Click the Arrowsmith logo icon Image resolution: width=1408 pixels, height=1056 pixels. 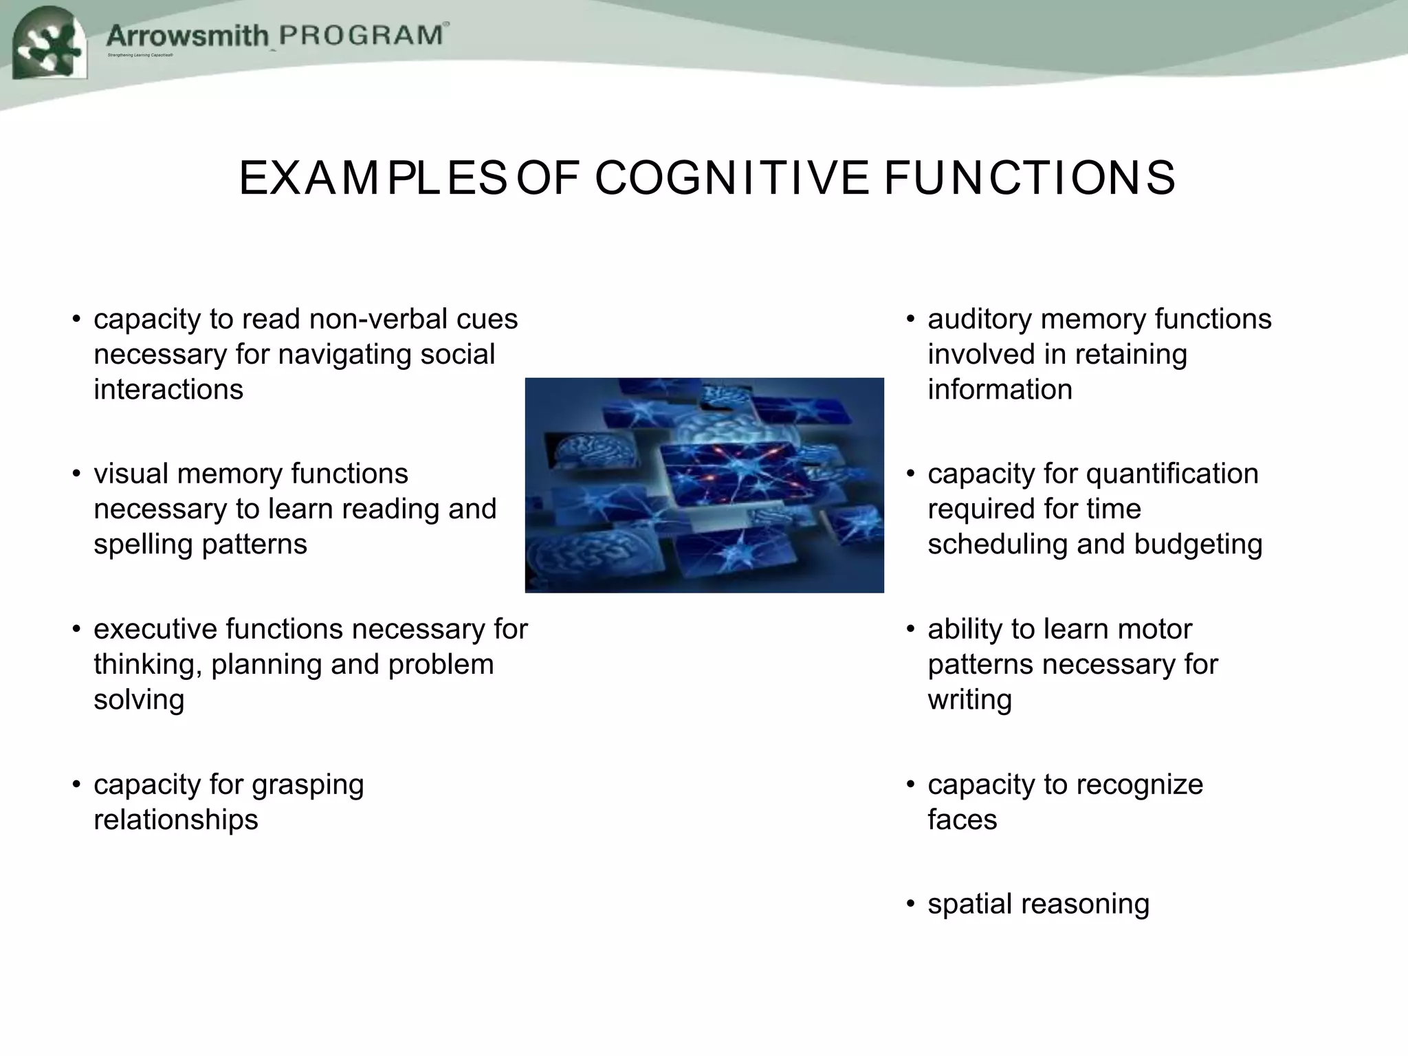coord(49,43)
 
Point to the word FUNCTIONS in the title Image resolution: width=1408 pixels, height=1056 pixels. coord(1029,178)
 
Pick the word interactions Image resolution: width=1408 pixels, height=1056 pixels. coord(168,390)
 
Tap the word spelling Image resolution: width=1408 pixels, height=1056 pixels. coord(143,544)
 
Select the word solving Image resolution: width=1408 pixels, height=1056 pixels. coord(139,701)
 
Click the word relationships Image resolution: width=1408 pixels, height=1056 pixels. coord(176,820)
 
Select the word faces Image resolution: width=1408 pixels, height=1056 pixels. coord(962,820)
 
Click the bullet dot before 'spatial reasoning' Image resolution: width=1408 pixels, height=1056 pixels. coord(910,905)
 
